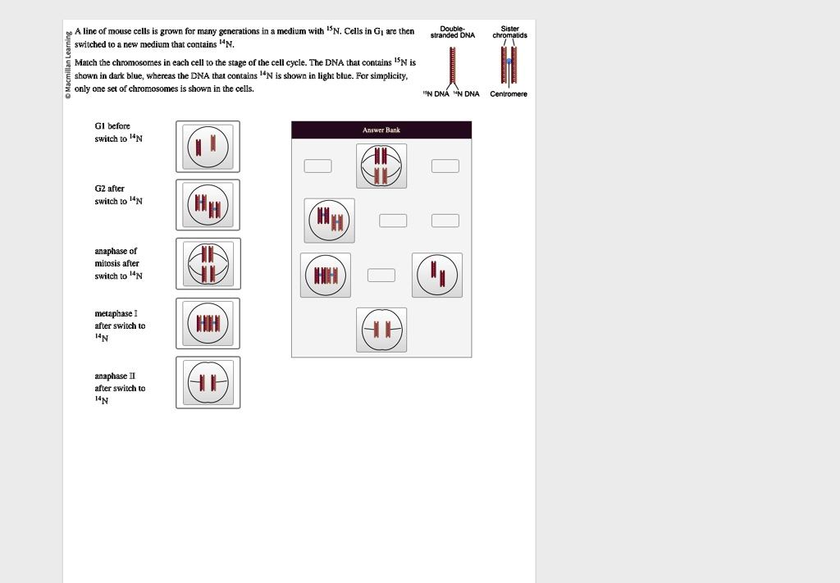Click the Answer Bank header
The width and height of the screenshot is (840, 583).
pos(381,130)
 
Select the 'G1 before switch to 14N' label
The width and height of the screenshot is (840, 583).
pos(118,132)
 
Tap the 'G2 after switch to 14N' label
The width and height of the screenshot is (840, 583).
pos(118,195)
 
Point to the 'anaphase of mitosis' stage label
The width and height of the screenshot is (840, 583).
pos(118,263)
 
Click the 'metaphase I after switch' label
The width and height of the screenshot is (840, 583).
pos(120,326)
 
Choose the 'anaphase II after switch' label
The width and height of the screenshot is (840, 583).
pos(120,388)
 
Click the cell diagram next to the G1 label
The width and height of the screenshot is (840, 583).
pos(208,147)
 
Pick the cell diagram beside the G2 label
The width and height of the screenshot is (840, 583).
pos(208,205)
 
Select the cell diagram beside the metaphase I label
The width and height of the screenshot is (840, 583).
pos(208,323)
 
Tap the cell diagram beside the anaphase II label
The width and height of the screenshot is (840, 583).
pos(208,382)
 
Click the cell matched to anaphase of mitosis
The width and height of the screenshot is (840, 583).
pos(208,264)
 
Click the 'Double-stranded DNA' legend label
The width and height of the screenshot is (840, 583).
pos(453,32)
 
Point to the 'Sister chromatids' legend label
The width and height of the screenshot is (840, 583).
pos(510,32)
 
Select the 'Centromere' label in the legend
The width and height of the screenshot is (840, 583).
pos(509,93)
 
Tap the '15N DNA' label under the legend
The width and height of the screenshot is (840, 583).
pos(436,93)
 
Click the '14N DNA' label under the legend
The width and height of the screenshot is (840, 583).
pos(466,93)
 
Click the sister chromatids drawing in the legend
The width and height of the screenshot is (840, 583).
pos(509,65)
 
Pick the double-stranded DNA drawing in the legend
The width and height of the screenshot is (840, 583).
pos(453,65)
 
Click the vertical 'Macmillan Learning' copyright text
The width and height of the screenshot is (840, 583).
pos(68,66)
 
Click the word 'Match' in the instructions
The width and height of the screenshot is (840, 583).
pos(85,62)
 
